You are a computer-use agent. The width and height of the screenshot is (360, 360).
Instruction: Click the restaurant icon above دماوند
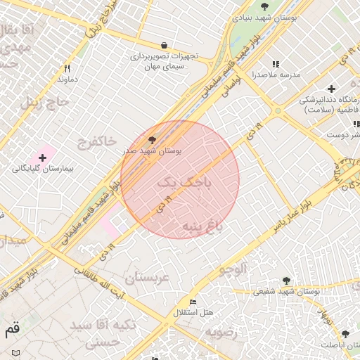pyautogui.click(x=67, y=68)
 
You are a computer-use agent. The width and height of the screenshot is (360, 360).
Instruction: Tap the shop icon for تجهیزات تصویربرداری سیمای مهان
pyautogui.click(x=164, y=44)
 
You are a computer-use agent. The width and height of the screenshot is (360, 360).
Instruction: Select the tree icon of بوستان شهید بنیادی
pyautogui.click(x=264, y=6)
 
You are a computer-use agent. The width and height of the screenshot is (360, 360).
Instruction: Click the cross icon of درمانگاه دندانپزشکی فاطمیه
pyautogui.click(x=331, y=89)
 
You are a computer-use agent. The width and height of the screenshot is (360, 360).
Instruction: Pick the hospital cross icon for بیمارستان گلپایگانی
pyautogui.click(x=42, y=157)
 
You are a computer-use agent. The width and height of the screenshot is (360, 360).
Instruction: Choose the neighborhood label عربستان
pyautogui.click(x=148, y=278)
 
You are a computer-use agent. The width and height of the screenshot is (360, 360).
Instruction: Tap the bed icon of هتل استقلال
pyautogui.click(x=193, y=302)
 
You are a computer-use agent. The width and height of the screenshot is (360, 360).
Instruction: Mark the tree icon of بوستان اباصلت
pyautogui.click(x=345, y=334)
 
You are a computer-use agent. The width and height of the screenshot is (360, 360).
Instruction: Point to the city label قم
pyautogui.click(x=12, y=328)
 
